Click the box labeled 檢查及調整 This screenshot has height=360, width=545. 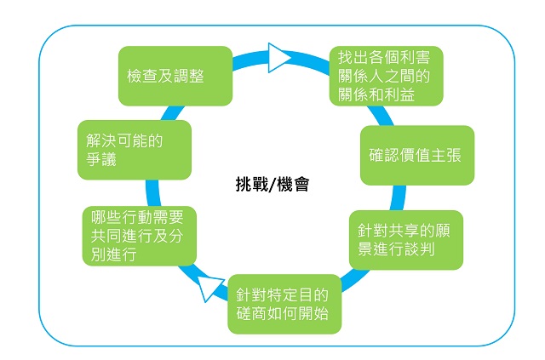pos(175,76)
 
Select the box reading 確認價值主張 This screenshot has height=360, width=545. pos(417,155)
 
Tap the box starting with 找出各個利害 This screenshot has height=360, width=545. pos(386,76)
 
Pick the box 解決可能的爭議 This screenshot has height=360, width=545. pos(135,150)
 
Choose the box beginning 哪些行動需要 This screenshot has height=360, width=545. pos(140,236)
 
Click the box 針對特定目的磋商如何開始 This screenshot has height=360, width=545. pos(284,304)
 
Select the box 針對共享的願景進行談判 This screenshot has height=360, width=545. pos(406,240)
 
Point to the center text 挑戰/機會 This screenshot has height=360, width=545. pos(272,184)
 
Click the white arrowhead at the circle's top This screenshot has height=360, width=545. pos(279,58)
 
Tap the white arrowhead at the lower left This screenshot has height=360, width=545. pos(210,287)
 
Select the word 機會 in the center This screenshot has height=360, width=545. pos(293,184)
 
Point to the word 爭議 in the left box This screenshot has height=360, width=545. pos(101,159)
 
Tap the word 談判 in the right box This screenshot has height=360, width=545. pos(419,249)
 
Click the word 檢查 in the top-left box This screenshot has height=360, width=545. pos(142,76)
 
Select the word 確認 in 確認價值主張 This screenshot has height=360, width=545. pos(384,155)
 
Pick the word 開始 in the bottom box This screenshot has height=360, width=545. pos(313,313)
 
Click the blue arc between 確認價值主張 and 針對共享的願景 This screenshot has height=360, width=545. pos(399,197)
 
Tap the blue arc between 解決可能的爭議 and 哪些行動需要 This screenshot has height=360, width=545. pos(152,193)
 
